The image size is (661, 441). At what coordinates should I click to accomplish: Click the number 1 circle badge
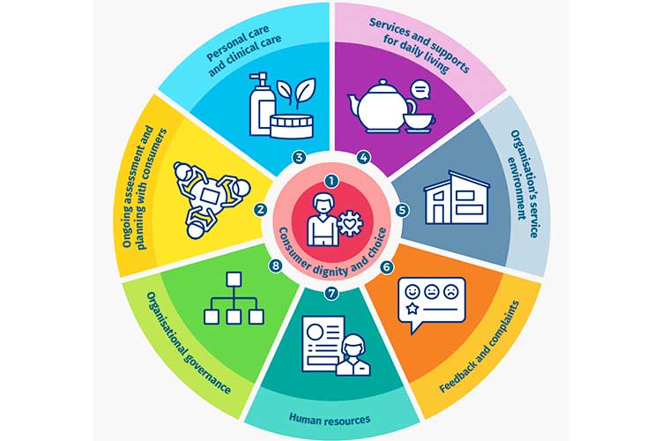click(331, 180)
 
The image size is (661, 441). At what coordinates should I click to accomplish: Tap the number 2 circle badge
click(261, 210)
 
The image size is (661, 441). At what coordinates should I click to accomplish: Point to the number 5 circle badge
click(402, 210)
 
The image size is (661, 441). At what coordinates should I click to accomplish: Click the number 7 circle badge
click(331, 292)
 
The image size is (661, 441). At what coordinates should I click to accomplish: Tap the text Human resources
click(331, 418)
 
